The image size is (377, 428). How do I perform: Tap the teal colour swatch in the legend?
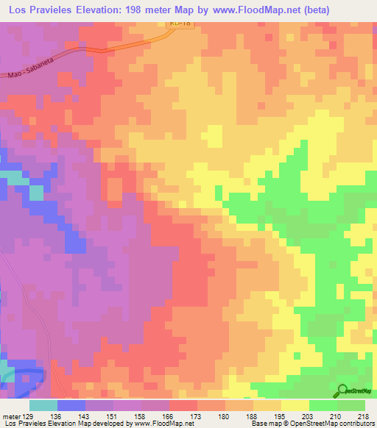click(x=43, y=405)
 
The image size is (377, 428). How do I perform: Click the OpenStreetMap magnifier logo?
click(x=342, y=391)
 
